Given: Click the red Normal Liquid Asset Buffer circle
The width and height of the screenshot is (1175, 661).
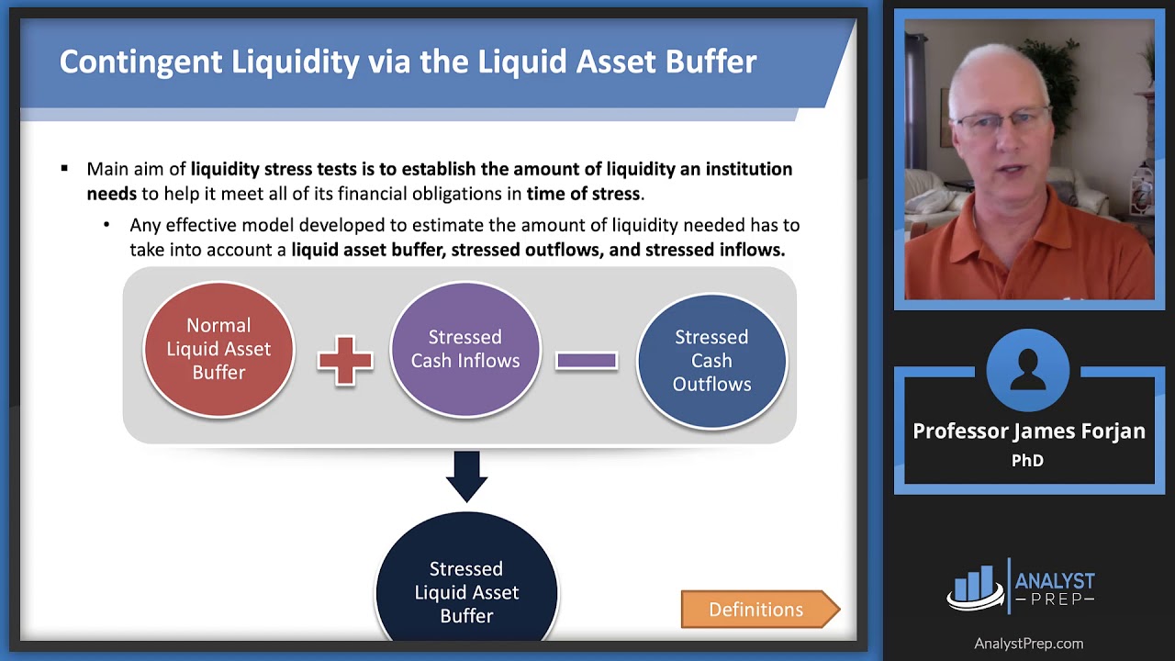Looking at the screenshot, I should pyautogui.click(x=218, y=349).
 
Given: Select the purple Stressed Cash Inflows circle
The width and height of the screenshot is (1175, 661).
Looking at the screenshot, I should pyautogui.click(x=465, y=349).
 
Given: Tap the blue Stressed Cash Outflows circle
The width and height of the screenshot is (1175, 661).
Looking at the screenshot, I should pyautogui.click(x=711, y=361).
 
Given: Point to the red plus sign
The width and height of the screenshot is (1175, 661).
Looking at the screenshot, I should pyautogui.click(x=345, y=360).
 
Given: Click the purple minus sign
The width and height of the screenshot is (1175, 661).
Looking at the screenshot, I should pyautogui.click(x=587, y=361).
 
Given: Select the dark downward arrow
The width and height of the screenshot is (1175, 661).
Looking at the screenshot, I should pyautogui.click(x=466, y=476).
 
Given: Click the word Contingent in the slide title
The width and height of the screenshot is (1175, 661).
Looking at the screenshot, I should pyautogui.click(x=141, y=62).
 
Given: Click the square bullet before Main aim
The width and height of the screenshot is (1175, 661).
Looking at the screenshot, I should pyautogui.click(x=64, y=169).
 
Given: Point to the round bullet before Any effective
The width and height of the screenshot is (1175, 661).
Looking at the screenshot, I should pyautogui.click(x=106, y=225).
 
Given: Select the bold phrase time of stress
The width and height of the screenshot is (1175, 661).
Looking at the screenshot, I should pyautogui.click(x=583, y=194).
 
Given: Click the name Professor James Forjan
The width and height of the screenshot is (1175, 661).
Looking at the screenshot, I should pyautogui.click(x=1028, y=431).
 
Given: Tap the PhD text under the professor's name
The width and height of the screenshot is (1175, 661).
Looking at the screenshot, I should pyautogui.click(x=1027, y=461).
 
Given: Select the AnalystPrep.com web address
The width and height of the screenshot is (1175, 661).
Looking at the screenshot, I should pyautogui.click(x=1028, y=644).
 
